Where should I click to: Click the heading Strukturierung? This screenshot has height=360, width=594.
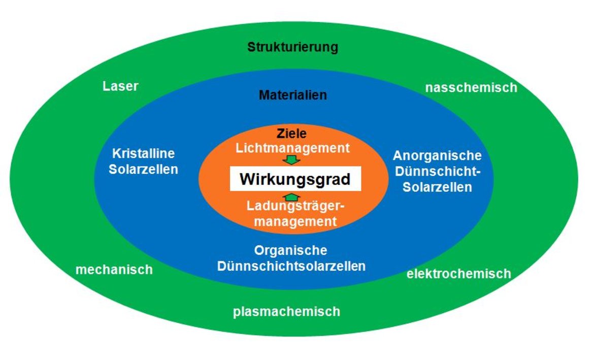point(292,47)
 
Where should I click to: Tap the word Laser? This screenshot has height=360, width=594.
point(120,86)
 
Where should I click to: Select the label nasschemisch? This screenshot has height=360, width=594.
point(471,87)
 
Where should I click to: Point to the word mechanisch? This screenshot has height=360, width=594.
point(114,270)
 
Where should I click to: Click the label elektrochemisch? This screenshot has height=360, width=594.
point(459,274)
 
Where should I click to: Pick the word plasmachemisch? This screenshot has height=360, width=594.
point(286,311)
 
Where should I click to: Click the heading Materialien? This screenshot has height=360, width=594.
point(293,95)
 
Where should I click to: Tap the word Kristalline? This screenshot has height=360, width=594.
point(144,153)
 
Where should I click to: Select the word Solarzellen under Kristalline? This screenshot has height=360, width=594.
point(143,170)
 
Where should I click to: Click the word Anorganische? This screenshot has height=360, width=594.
point(437,155)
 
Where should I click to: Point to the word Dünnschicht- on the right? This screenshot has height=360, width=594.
point(438,171)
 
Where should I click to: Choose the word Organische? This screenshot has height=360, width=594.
point(290,250)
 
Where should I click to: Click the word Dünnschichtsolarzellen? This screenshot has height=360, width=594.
point(291,266)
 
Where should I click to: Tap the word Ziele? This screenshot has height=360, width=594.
point(292,134)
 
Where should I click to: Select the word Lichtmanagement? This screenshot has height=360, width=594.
point(292,148)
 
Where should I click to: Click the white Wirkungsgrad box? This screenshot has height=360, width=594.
point(295,179)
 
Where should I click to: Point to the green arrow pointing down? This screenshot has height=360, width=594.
point(292,160)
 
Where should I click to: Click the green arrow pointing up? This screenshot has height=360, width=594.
point(292,197)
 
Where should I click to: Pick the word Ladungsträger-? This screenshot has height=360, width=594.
point(295,207)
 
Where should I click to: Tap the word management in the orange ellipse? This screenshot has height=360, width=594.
point(295,221)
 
